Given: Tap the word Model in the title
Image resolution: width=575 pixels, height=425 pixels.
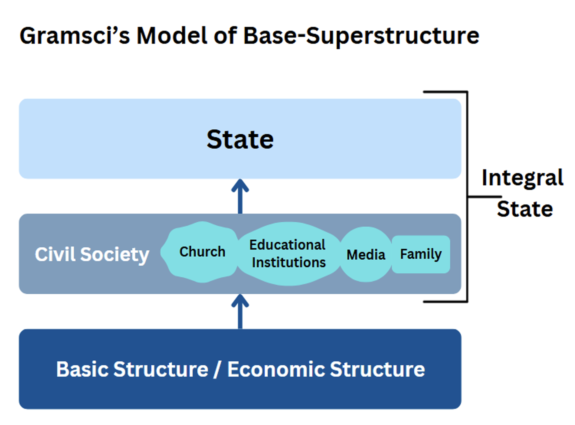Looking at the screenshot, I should click(x=172, y=36).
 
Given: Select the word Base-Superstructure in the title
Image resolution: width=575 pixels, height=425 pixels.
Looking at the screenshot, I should click(x=361, y=36).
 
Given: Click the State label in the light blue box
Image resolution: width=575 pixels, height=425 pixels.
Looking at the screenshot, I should click(x=240, y=140).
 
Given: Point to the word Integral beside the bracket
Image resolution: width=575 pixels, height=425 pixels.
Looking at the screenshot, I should click(x=522, y=178).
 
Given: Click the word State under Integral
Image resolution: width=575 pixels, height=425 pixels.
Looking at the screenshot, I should click(x=525, y=209).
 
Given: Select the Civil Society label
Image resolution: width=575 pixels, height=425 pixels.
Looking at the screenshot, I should click(x=92, y=254).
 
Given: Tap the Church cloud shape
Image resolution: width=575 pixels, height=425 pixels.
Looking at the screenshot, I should click(x=202, y=252).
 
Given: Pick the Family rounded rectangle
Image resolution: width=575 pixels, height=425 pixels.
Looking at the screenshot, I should click(x=421, y=254).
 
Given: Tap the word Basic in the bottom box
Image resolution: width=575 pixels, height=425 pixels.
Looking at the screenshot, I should click(x=82, y=369).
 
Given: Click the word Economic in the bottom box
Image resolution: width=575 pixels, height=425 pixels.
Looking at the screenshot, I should click(x=276, y=369).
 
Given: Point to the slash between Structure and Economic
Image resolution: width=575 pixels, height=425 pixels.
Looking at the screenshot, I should click(x=217, y=370).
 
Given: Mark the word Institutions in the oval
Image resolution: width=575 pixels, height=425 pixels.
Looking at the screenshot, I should click(x=289, y=262).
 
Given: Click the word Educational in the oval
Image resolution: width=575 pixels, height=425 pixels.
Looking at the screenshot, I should click(x=287, y=245).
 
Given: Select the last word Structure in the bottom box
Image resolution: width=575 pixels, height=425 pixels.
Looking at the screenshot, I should click(x=377, y=369).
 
